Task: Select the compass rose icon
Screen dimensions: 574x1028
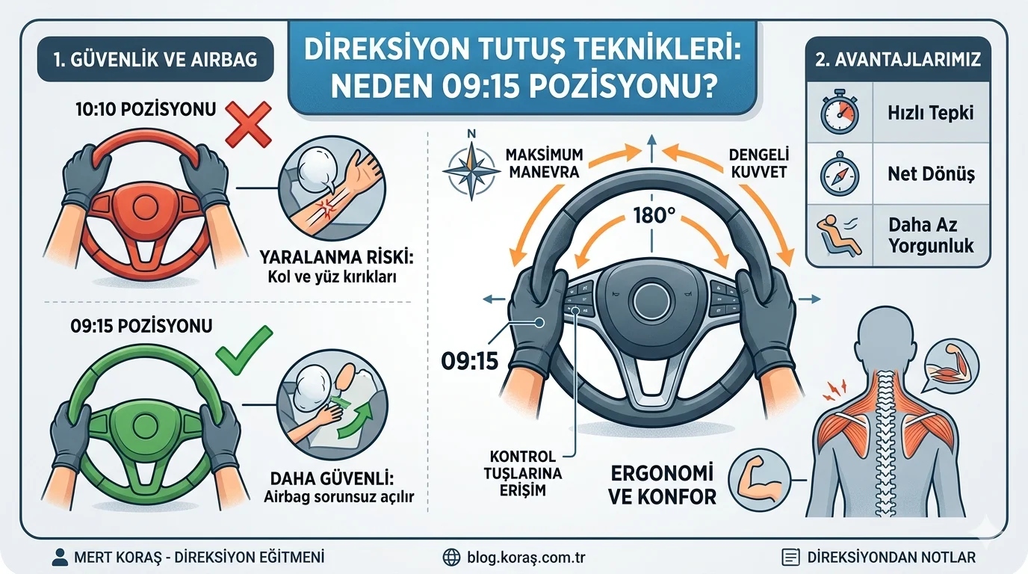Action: click(471, 170)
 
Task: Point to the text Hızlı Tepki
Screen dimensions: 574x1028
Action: click(929, 114)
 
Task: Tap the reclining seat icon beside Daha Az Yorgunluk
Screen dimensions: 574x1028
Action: click(840, 235)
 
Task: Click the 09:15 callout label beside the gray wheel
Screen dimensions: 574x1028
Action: click(469, 362)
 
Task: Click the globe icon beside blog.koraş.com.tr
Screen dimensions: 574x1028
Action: click(451, 558)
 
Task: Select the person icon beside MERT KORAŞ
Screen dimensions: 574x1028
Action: click(60, 558)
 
